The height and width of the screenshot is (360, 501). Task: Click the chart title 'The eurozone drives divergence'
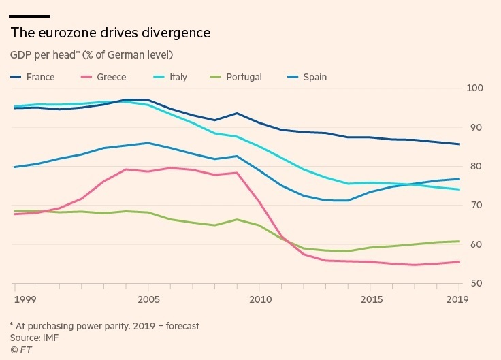tap(110, 33)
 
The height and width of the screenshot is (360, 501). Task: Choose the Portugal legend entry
tap(242, 77)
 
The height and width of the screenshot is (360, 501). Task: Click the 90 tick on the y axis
tap(475, 127)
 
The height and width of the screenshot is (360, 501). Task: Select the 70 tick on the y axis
tap(475, 206)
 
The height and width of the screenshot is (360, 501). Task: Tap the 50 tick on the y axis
tap(475, 283)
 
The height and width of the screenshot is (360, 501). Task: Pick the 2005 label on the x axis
tap(148, 299)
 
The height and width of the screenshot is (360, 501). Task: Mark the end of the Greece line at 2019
tap(459, 262)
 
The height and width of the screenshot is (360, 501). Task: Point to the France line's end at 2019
tap(459, 144)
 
